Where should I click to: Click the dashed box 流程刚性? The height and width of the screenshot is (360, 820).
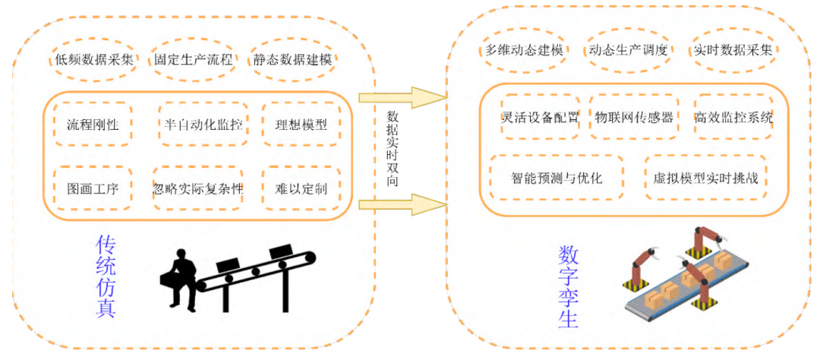(93, 125)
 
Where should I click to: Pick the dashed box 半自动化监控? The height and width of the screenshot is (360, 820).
(203, 125)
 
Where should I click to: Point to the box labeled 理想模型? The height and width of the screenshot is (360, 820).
(301, 125)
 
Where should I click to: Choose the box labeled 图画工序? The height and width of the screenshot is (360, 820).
(93, 188)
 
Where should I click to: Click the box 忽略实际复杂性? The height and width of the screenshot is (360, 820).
(198, 188)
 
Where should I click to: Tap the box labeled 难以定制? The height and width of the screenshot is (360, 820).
(301, 188)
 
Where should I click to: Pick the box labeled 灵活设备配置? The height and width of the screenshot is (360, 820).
(541, 117)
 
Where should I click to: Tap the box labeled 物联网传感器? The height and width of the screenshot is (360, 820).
(634, 117)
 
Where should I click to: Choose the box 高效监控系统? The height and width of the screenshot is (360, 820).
(733, 117)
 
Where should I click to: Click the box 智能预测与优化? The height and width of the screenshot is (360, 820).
(557, 178)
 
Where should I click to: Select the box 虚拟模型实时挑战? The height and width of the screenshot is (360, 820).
(705, 178)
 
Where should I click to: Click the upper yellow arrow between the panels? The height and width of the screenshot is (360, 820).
(402, 97)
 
